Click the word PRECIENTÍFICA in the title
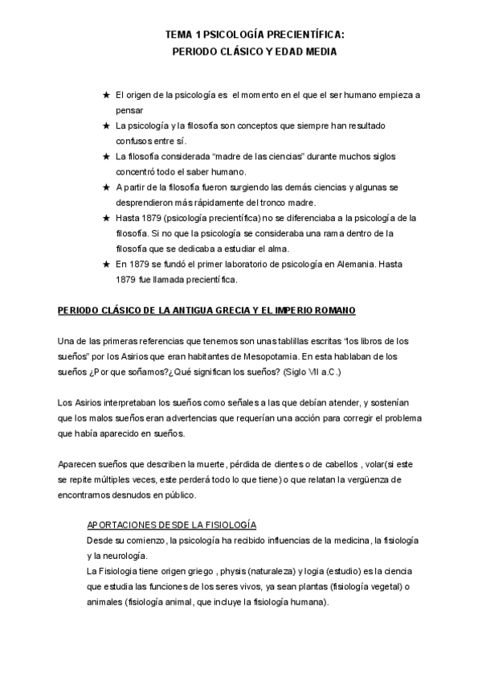tap(300, 35)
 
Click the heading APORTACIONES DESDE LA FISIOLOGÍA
tap(170, 524)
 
